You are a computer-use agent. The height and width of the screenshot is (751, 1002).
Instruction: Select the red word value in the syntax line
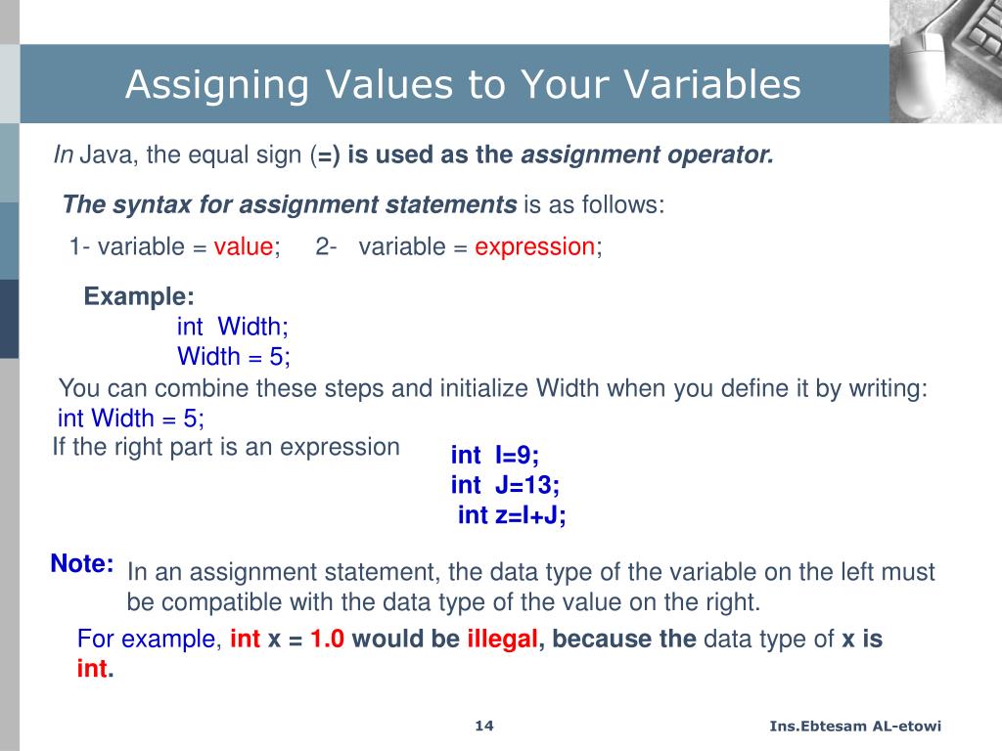(x=244, y=247)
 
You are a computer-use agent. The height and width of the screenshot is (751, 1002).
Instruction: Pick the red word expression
(x=534, y=247)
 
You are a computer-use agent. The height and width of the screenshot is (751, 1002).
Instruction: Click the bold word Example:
(x=139, y=297)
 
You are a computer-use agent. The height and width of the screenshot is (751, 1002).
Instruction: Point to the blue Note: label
(x=82, y=564)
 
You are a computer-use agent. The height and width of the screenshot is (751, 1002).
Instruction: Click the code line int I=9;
(x=495, y=455)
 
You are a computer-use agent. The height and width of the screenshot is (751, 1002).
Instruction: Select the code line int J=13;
(x=505, y=485)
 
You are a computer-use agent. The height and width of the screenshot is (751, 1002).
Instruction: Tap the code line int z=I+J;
(x=512, y=515)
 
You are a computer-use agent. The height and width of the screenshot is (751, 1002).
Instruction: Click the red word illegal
(x=502, y=641)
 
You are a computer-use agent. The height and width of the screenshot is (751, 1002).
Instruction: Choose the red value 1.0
(x=328, y=641)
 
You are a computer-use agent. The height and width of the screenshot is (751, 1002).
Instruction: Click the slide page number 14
(x=484, y=726)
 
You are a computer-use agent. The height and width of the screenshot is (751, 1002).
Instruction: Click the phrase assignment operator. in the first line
(x=648, y=155)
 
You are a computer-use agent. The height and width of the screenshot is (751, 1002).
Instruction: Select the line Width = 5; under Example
(x=234, y=356)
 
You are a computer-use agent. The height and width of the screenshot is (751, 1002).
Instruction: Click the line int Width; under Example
(x=233, y=327)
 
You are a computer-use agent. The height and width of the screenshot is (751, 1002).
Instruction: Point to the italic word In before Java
(x=63, y=155)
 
